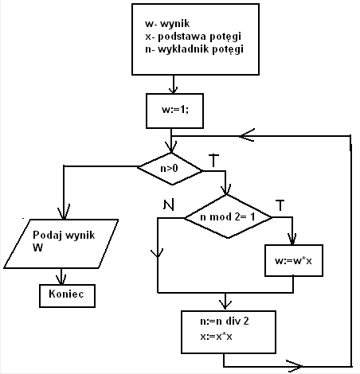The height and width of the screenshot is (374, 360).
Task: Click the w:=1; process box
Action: tap(174, 111)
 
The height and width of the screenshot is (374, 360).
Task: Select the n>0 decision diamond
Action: tap(170, 169)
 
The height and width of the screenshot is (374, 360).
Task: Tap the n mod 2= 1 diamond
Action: tap(228, 216)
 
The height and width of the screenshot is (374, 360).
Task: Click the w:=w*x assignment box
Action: tap(294, 260)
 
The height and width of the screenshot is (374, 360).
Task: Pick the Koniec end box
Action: tap(67, 296)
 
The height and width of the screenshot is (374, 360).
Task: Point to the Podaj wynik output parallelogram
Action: tap(61, 243)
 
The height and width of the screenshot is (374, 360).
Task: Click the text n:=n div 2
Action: tap(225, 321)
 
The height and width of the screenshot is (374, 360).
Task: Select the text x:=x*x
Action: tap(216, 337)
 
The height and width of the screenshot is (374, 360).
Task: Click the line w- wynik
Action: tap(167, 23)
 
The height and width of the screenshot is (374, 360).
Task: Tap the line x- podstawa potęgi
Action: tap(193, 37)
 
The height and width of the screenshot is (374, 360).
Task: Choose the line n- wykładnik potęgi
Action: tap(194, 49)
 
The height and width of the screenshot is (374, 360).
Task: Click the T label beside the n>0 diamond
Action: tap(214, 160)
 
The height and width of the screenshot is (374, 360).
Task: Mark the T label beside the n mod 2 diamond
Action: tap(280, 205)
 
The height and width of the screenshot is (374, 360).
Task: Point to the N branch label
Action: tap(169, 205)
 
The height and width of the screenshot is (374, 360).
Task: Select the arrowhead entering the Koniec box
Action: tap(61, 280)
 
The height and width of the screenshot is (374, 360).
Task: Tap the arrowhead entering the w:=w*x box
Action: tap(292, 240)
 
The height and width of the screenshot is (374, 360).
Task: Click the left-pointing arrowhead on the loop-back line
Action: tap(246, 136)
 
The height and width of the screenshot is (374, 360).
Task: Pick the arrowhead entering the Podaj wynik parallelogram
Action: tap(64, 212)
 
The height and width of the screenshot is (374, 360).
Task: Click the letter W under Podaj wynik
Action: tap(37, 247)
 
